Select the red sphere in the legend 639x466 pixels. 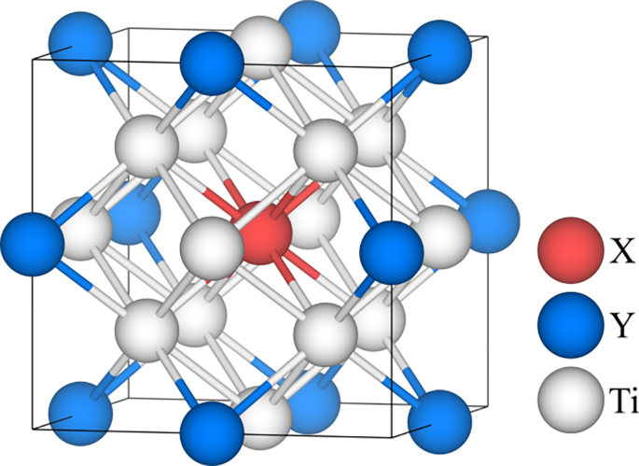coord(567,248)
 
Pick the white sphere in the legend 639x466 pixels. coord(567,402)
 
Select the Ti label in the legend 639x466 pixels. coord(618,402)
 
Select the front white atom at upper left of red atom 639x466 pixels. coord(146,148)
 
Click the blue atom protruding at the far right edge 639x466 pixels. coord(489,219)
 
